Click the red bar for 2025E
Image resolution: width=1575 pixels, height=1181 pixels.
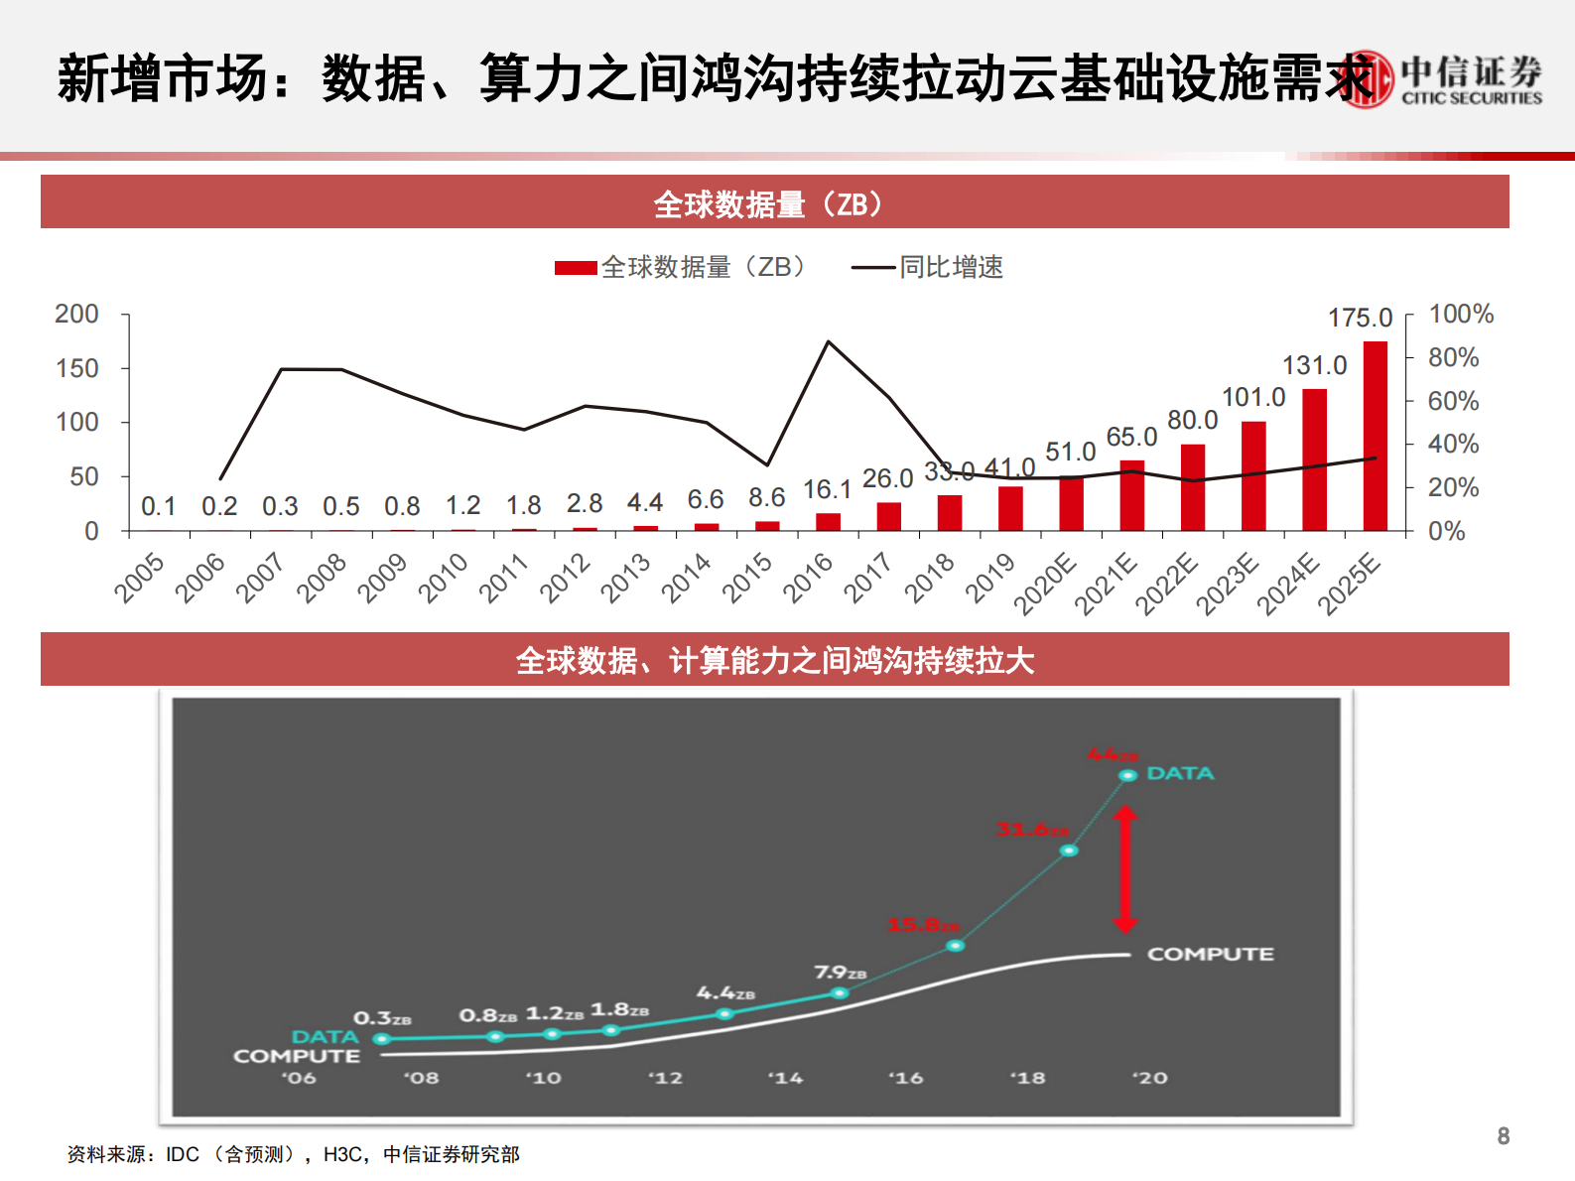[x=1375, y=437]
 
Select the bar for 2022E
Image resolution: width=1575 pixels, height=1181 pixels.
[x=1192, y=487]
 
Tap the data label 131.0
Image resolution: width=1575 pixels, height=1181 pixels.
[x=1314, y=366]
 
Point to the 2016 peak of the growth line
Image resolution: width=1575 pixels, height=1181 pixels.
[x=829, y=342]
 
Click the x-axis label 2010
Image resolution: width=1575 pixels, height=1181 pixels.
[x=443, y=578]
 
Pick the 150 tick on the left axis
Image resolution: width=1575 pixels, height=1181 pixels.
[x=77, y=368]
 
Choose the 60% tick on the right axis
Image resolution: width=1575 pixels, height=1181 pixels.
[x=1453, y=401]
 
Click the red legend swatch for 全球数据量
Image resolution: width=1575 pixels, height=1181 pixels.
[x=576, y=268]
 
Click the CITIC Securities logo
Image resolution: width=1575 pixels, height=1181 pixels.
[x=1445, y=79]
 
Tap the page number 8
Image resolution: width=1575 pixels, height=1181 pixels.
[x=1503, y=1136]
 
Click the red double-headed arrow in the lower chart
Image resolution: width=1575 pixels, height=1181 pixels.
[x=1124, y=869]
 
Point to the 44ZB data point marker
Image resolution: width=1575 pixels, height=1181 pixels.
[x=1127, y=775]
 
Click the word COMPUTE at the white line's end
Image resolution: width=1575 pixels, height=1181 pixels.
[x=1210, y=954]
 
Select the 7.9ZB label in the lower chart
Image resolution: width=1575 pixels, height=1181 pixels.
[x=840, y=973]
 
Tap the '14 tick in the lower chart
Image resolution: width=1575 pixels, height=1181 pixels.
[x=785, y=1078]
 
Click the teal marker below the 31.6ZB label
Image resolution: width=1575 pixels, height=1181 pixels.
[x=1068, y=851]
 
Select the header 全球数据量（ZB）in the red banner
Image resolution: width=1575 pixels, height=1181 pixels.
[x=768, y=204]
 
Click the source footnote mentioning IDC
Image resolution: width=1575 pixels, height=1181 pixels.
[x=293, y=1154]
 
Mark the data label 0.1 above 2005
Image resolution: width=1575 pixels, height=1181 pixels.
[x=158, y=507]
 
